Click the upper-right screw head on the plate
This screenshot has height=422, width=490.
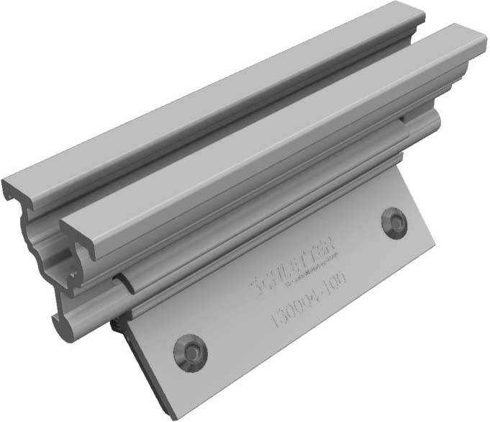coord(394,223)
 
